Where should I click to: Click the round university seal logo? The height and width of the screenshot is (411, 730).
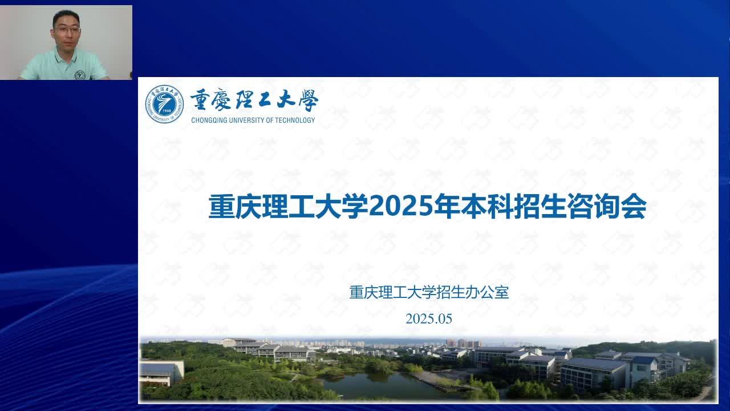164,104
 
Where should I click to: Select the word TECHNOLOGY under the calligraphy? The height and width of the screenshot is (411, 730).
295,120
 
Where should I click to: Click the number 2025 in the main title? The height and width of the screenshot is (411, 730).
401,206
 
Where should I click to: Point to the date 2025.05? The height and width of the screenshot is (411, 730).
428,319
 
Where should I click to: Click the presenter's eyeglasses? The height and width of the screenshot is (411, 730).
67,30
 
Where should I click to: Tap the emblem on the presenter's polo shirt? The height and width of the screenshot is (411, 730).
79,75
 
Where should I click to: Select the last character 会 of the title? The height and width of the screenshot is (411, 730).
634,206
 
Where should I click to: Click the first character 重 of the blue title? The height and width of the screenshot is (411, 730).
222,206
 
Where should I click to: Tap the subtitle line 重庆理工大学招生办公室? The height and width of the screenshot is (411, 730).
429,292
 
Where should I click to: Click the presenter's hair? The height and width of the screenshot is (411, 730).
67,17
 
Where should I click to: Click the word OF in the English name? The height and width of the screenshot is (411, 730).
270,120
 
